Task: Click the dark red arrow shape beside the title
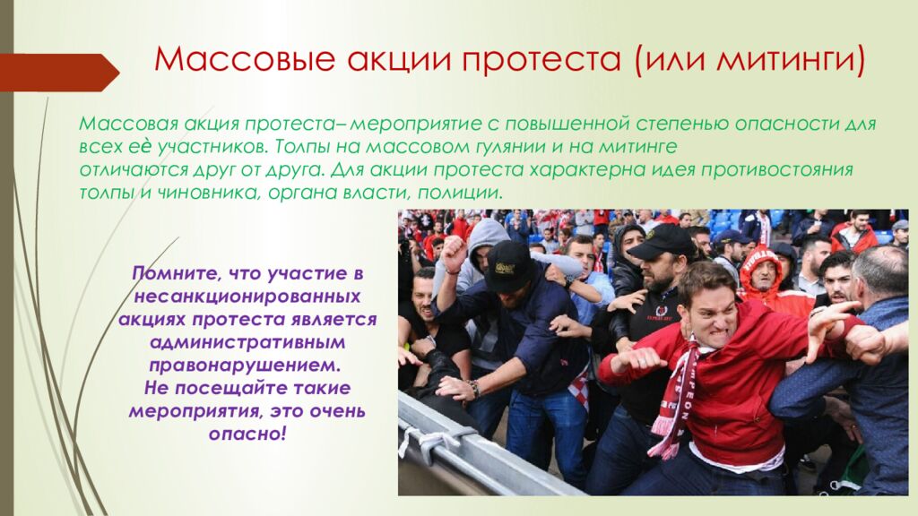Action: (x=59, y=72)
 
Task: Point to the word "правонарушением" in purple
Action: (x=247, y=365)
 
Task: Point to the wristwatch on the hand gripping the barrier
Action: (x=472, y=389)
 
